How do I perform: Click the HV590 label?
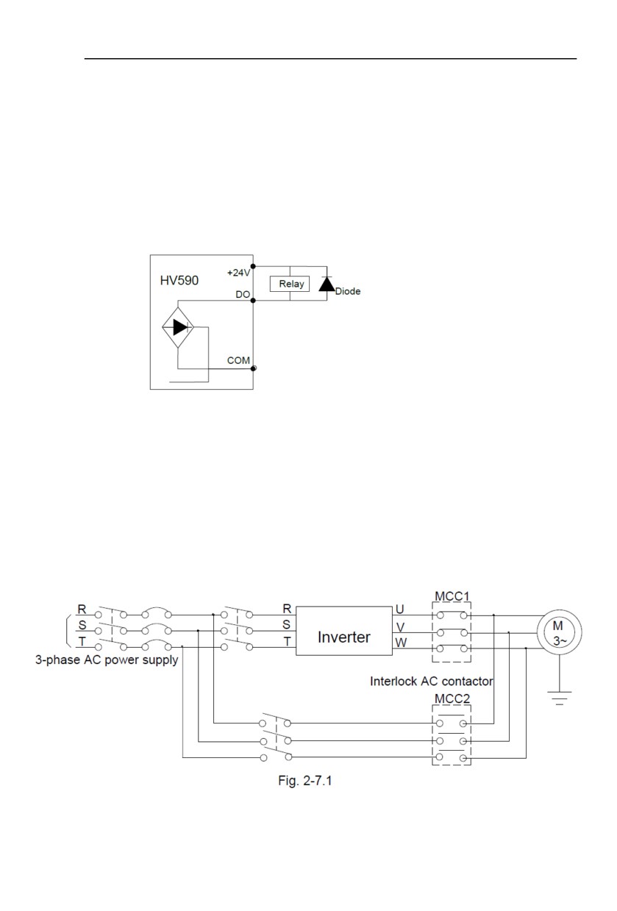click(x=179, y=280)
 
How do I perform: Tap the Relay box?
click(x=290, y=284)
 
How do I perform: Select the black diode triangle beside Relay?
click(x=327, y=284)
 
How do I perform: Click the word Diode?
click(x=348, y=291)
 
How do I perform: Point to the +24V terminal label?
click(x=238, y=273)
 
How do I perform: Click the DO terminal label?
click(x=243, y=294)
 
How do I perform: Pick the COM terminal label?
click(x=238, y=360)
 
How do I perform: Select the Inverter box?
click(x=343, y=631)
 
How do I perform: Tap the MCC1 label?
click(x=452, y=596)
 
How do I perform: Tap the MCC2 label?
click(x=452, y=699)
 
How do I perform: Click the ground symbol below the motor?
click(x=559, y=698)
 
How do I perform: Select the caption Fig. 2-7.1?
click(x=305, y=780)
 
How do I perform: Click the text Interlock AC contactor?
click(x=432, y=681)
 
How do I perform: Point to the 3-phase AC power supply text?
click(x=107, y=660)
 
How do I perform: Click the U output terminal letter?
click(x=400, y=610)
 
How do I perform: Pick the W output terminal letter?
click(x=401, y=643)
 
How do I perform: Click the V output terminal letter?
click(x=400, y=626)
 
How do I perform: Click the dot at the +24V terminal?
click(x=253, y=266)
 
